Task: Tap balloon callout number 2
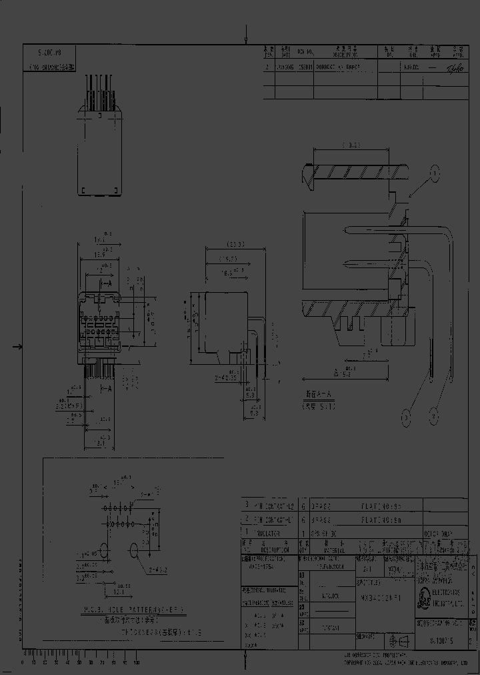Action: point(434,418)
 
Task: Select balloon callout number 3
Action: point(405,418)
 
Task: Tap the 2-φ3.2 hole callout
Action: point(158,570)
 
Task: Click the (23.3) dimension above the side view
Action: point(235,244)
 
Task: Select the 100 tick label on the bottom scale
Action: point(137,663)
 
